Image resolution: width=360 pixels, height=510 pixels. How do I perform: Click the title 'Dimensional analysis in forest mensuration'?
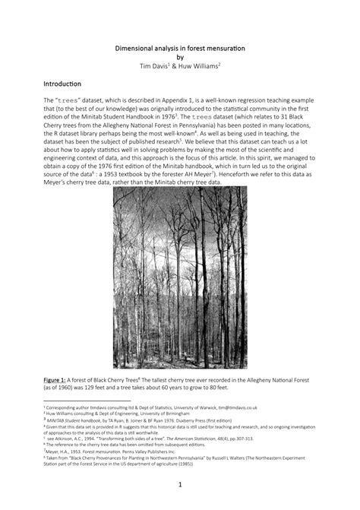coord(180,48)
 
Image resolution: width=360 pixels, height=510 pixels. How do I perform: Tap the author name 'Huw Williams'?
coord(199,66)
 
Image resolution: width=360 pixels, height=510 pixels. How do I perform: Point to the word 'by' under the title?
coord(180,57)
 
